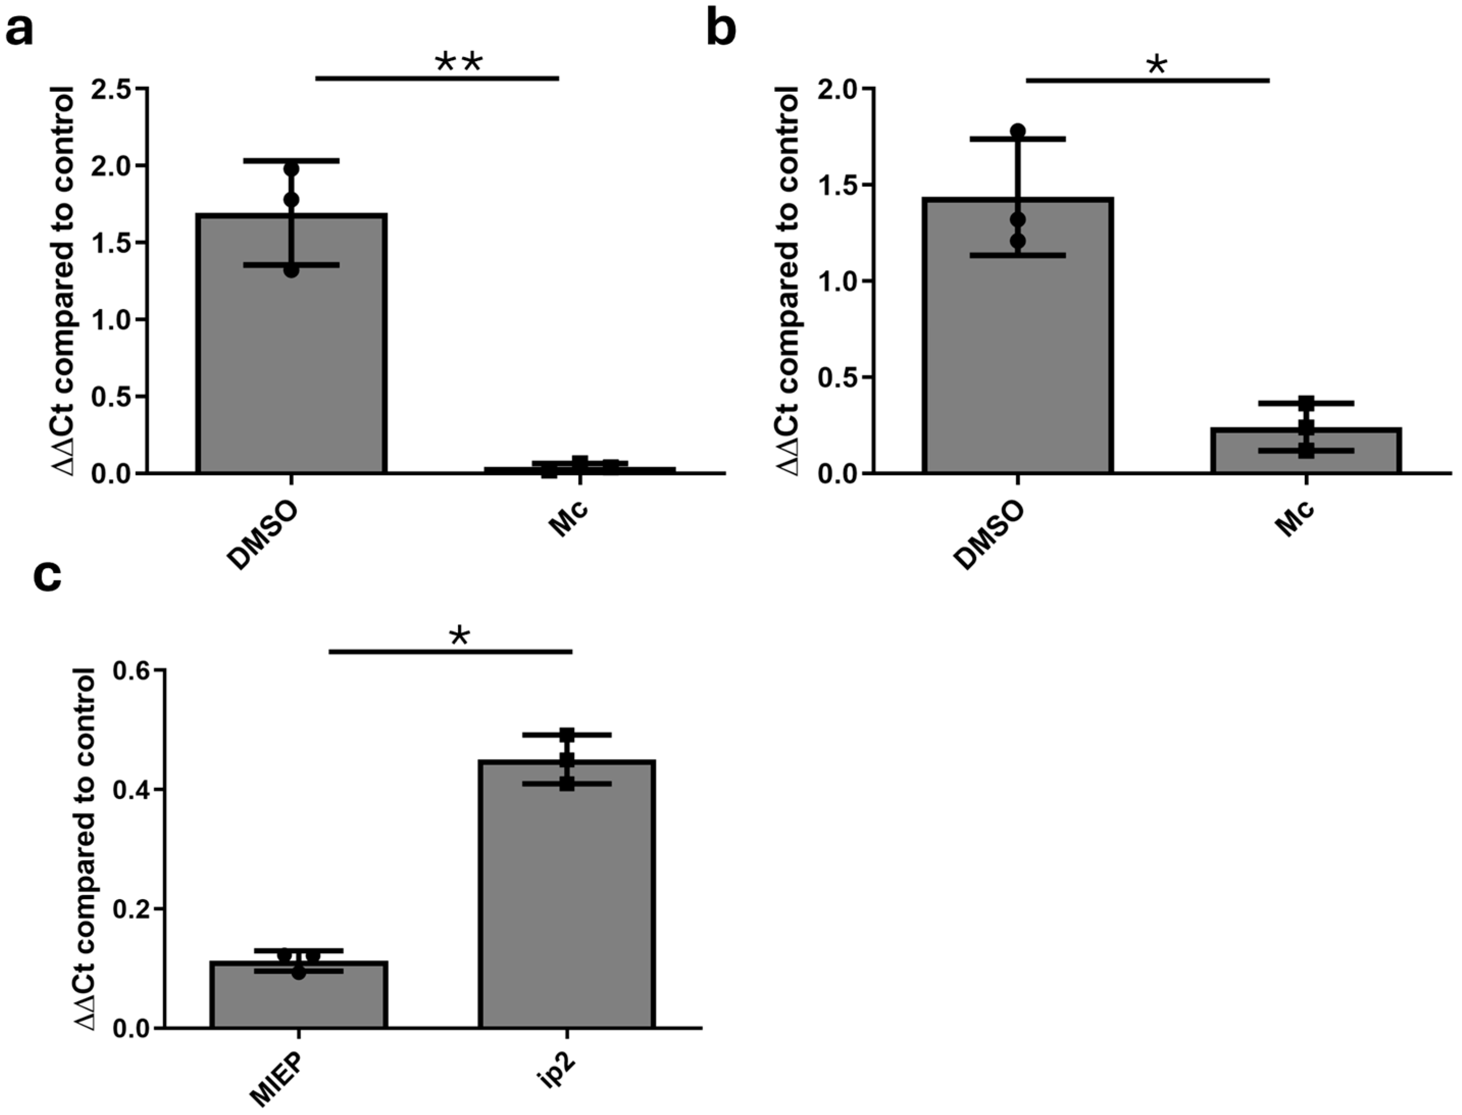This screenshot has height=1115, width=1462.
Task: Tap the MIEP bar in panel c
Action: [298, 996]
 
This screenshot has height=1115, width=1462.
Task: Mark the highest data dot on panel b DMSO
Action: [1018, 131]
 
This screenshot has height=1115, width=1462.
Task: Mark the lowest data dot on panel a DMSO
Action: [291, 271]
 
